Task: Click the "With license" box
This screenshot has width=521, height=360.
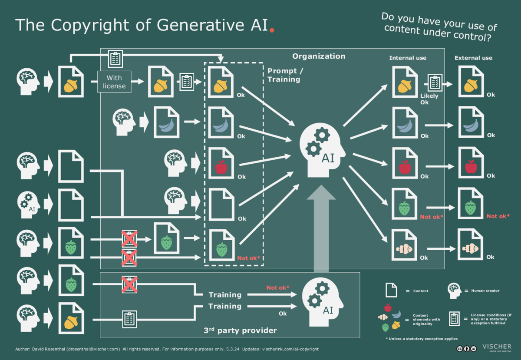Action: (x=115, y=82)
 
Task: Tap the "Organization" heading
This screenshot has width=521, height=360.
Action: (x=319, y=56)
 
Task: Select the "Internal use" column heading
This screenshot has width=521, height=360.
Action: (x=408, y=58)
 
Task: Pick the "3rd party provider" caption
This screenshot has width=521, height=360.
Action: (x=240, y=330)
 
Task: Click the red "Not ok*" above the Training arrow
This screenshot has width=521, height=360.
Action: (x=278, y=287)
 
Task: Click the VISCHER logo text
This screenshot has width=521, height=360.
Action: (x=497, y=347)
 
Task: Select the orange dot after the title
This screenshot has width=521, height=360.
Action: (x=272, y=30)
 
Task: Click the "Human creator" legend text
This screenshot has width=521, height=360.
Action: (x=485, y=291)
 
